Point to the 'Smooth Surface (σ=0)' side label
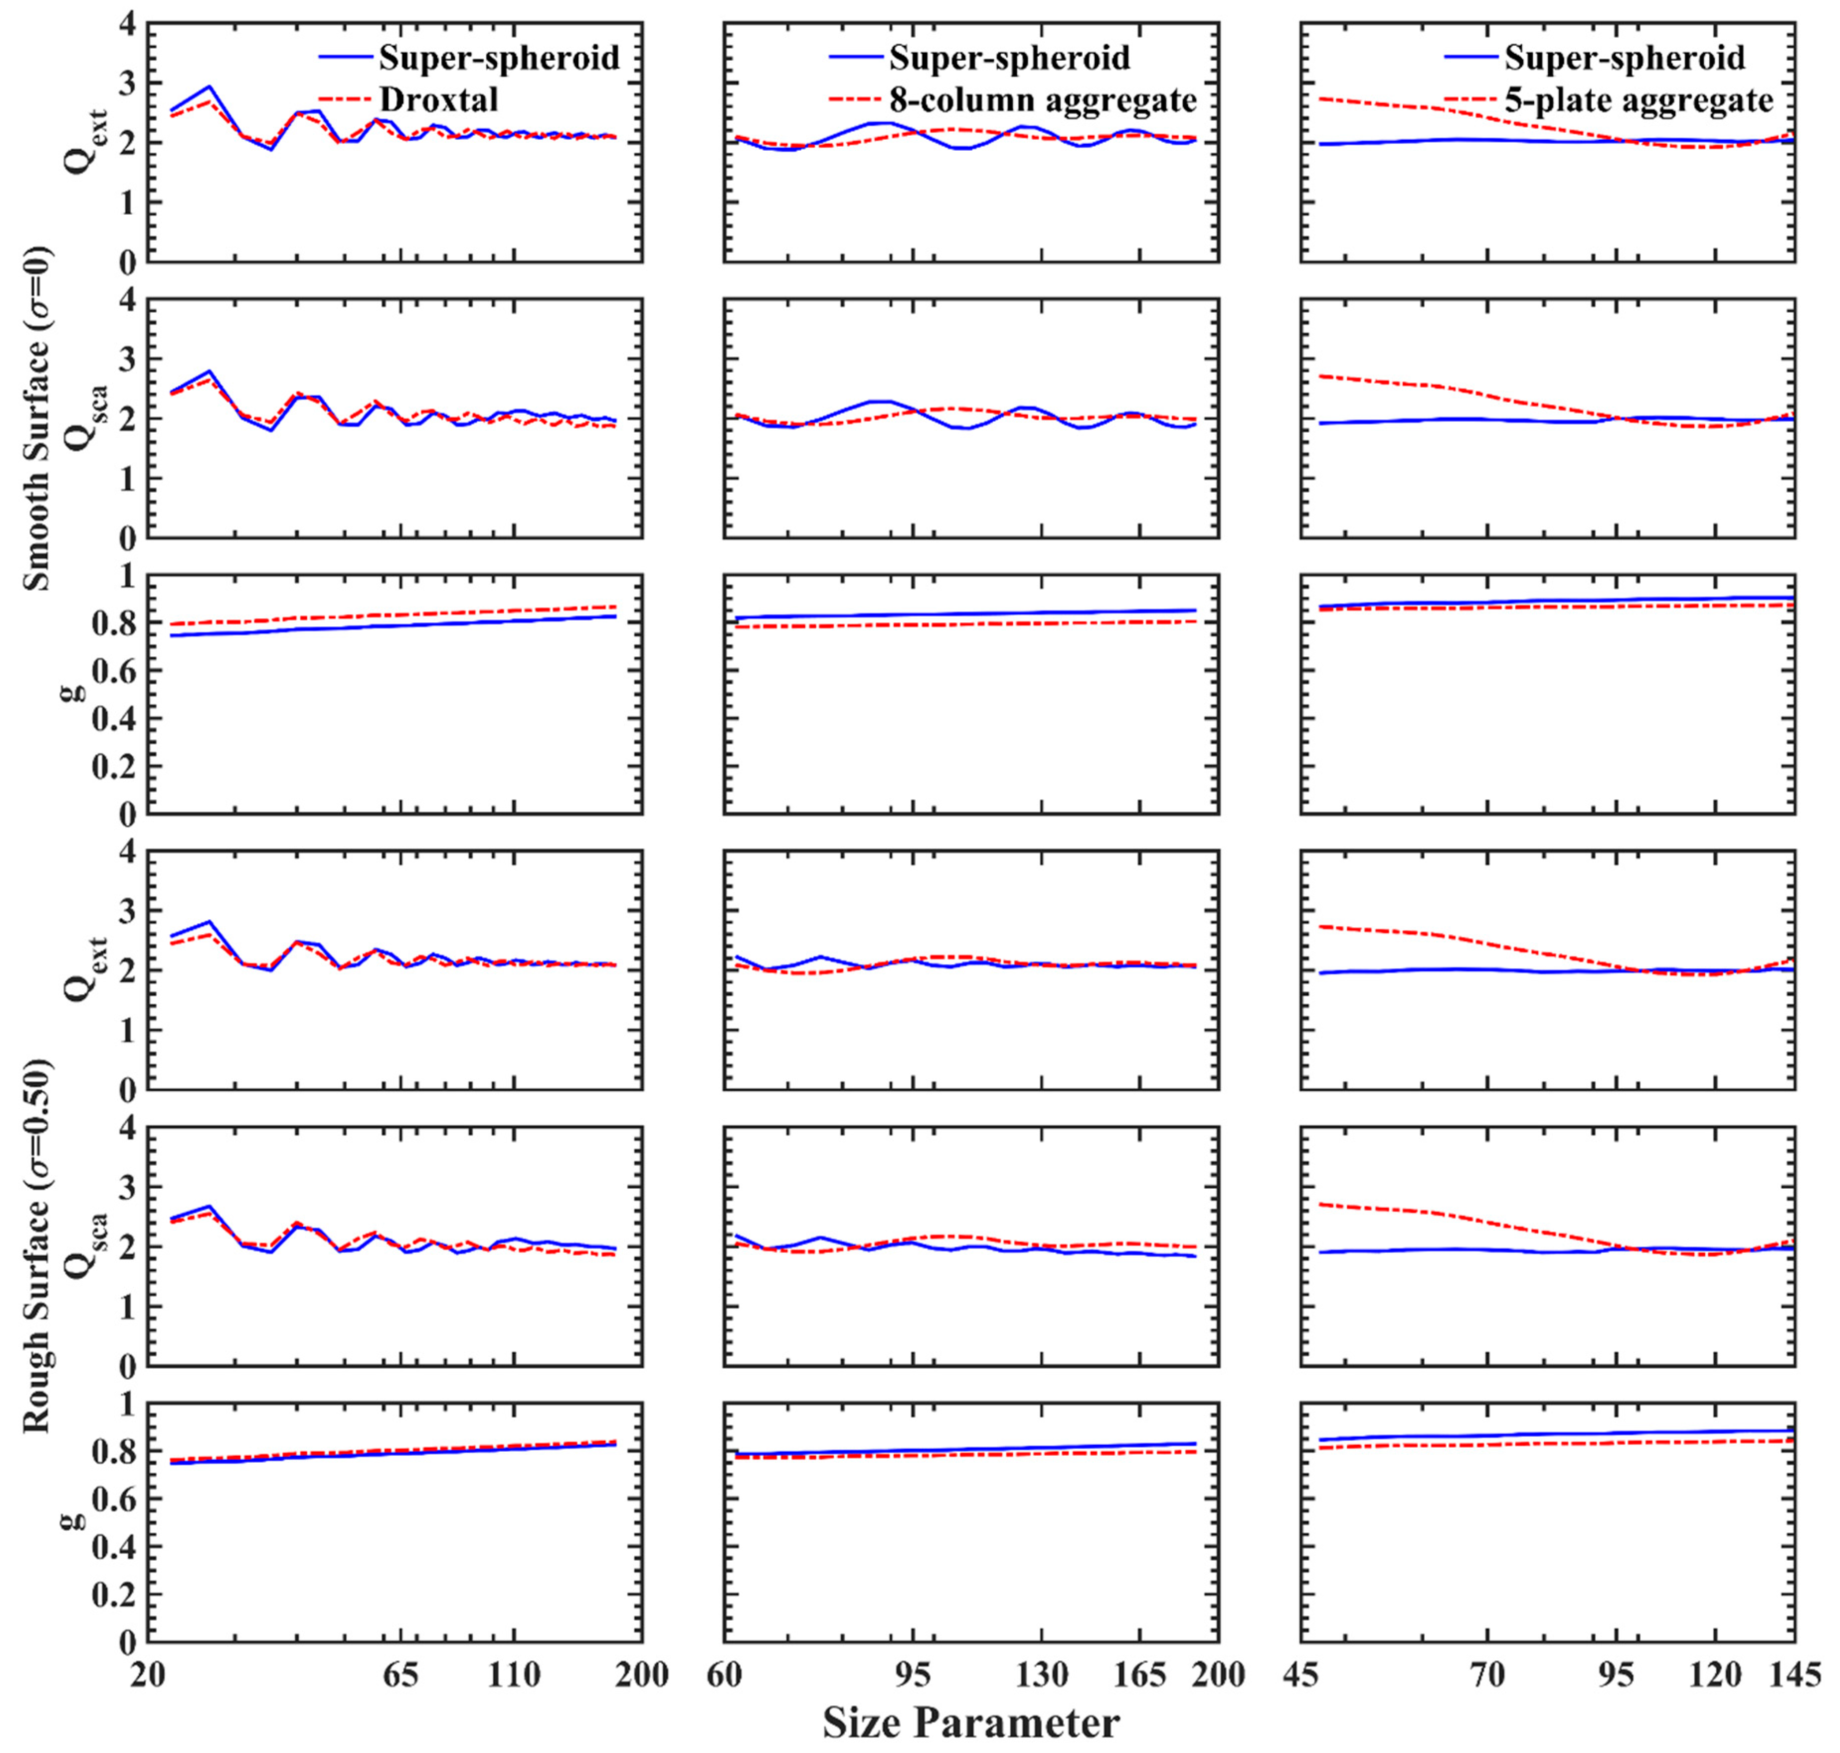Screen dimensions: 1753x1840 pos(37,419)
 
